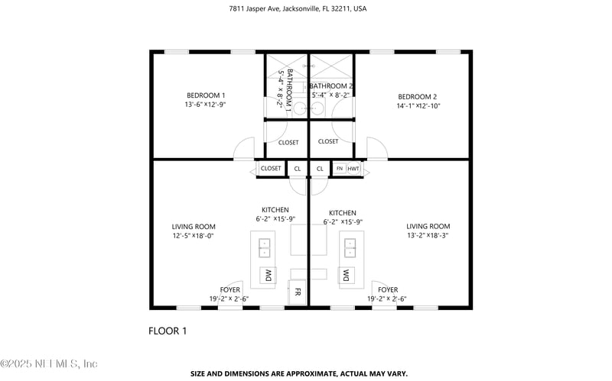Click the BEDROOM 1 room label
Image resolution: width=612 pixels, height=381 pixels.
(x=205, y=95)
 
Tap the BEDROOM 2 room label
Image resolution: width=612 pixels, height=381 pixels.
(x=417, y=96)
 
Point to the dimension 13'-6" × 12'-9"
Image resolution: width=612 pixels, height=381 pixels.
(x=205, y=104)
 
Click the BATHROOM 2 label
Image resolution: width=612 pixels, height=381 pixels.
(x=330, y=86)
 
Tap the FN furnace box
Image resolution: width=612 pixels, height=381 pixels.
(x=340, y=168)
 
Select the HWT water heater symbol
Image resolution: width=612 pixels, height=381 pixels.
(x=353, y=168)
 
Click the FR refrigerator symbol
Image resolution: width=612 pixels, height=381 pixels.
(x=298, y=292)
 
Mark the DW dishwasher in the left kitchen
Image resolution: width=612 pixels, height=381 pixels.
(x=269, y=275)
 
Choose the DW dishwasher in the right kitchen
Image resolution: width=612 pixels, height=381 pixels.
(x=347, y=275)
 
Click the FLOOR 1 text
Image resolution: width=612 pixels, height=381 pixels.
(x=167, y=331)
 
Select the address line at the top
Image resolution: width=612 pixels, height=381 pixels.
(x=297, y=9)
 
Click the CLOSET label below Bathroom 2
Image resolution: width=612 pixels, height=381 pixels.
(x=328, y=141)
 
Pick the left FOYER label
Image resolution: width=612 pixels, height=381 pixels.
(x=229, y=289)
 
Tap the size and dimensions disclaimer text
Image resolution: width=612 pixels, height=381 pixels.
(x=298, y=373)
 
